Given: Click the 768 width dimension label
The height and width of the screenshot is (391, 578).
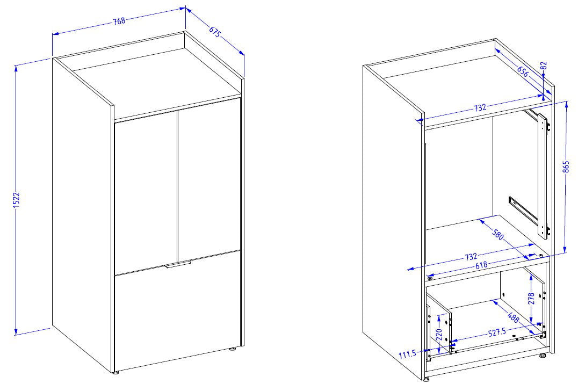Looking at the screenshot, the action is pos(119,21).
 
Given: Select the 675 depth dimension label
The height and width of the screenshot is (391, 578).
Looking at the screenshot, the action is pos(215,32).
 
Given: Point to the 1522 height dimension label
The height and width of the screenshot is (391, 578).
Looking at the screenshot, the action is pos(16,200).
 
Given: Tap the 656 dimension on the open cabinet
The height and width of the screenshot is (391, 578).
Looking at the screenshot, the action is pos(523,71).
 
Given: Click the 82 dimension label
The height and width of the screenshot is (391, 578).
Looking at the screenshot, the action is pos(543,67).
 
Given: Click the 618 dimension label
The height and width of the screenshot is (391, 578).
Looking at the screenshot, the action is pos(481,265).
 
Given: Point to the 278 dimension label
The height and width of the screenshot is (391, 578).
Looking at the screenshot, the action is pos(531,297).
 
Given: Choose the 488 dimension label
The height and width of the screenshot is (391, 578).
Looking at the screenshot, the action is pos(514,317).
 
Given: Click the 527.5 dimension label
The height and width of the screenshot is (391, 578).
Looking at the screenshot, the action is pos(497,332).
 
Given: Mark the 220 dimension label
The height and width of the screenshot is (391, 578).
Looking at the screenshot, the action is pos(439,334).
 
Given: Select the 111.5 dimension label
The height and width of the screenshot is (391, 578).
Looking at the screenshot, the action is pos(407,354).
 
